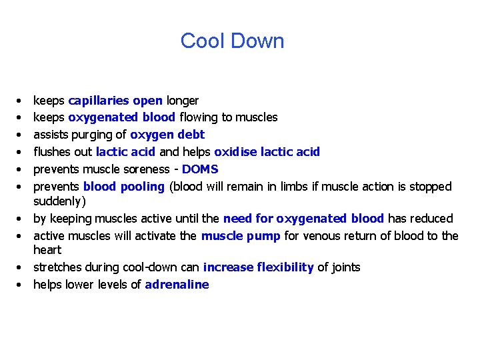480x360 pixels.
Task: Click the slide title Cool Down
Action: pyautogui.click(x=232, y=41)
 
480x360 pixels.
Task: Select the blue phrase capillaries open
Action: pyautogui.click(x=115, y=101)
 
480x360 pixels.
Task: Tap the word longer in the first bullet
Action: pyautogui.click(x=182, y=101)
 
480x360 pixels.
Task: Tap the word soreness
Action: pyautogui.click(x=137, y=169)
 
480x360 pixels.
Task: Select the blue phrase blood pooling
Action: pyautogui.click(x=123, y=187)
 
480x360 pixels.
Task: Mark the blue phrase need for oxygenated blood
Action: pyautogui.click(x=303, y=219)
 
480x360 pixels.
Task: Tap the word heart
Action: pyautogui.click(x=47, y=250)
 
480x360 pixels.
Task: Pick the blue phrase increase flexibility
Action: pyautogui.click(x=258, y=267)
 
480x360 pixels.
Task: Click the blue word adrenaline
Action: pyautogui.click(x=177, y=285)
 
